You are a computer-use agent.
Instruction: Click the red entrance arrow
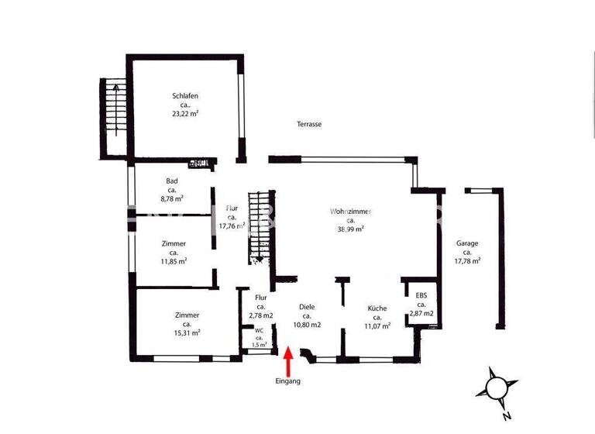click(288, 362)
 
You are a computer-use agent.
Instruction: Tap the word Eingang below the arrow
click(287, 381)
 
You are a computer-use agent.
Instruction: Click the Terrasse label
click(309, 124)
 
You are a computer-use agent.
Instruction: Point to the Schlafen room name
click(185, 96)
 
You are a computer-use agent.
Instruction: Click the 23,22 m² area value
click(185, 113)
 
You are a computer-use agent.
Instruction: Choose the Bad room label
click(172, 181)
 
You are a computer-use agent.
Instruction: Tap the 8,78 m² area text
click(172, 198)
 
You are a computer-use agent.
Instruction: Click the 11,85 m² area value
click(174, 261)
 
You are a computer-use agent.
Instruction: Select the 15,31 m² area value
click(187, 332)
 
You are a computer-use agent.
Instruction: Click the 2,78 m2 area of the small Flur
click(261, 315)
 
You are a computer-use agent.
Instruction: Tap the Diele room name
click(307, 307)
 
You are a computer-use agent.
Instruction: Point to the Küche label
click(377, 308)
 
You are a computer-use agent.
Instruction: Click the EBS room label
click(421, 295)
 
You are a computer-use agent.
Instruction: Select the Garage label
click(467, 243)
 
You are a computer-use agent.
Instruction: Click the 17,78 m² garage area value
click(467, 261)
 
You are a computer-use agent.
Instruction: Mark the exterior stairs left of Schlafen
click(113, 116)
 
